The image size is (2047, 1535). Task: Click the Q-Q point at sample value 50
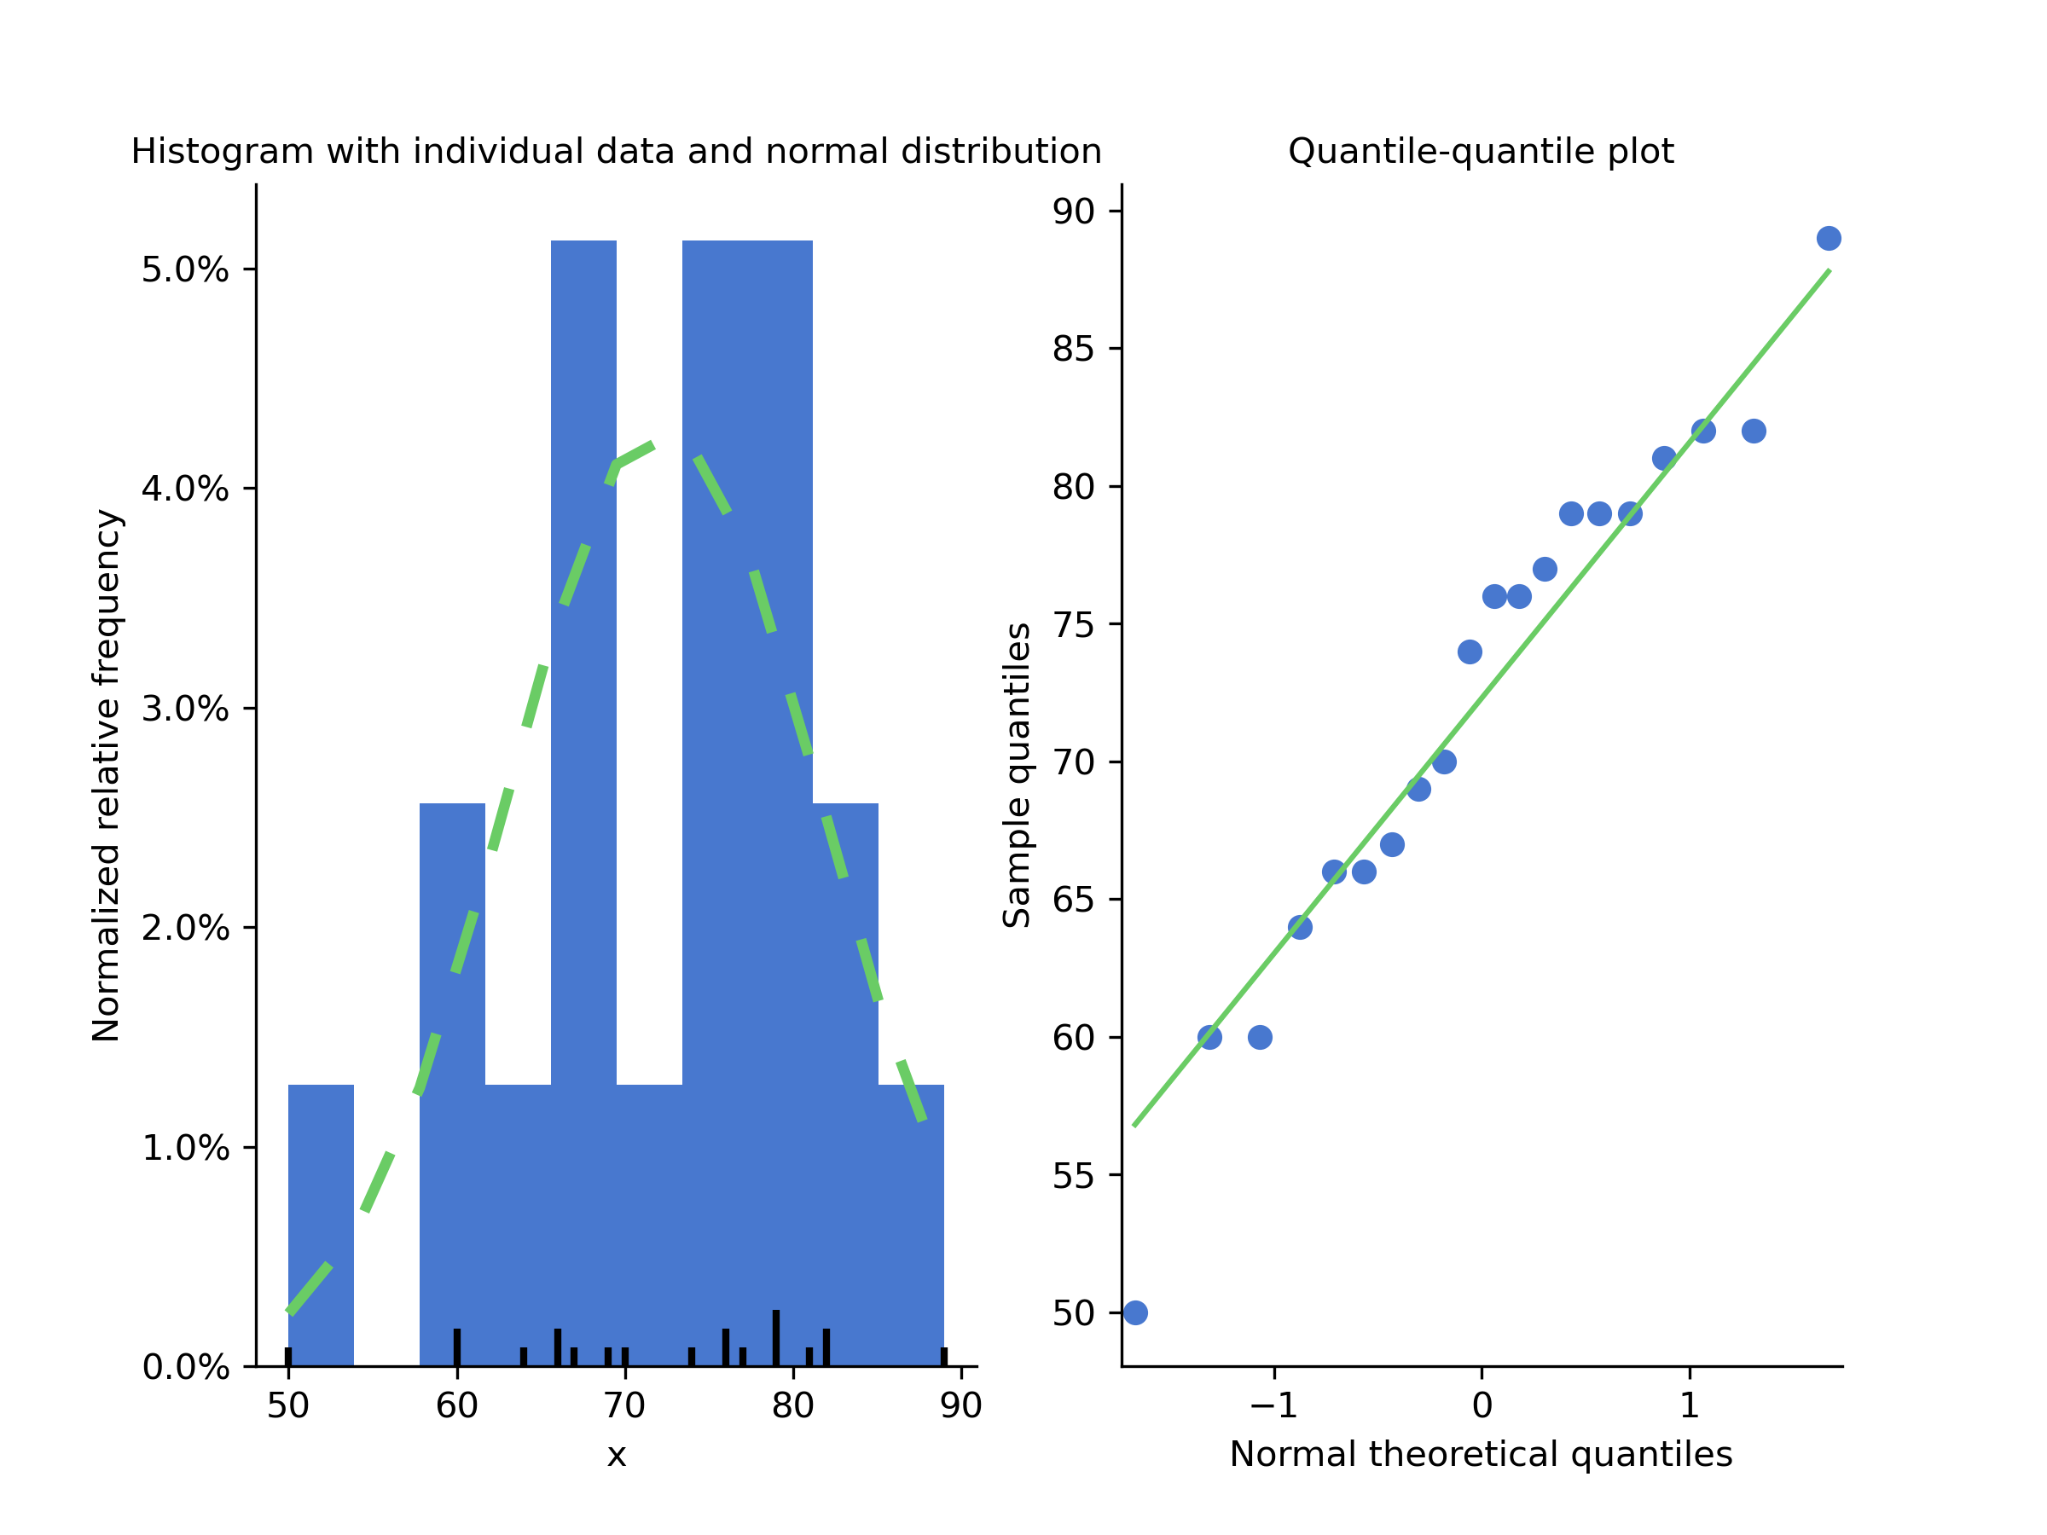(x=1135, y=1313)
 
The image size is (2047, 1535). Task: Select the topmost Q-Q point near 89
(x=1829, y=239)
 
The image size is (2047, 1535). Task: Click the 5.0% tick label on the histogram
(x=185, y=270)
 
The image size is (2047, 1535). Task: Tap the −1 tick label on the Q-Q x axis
(x=1273, y=1405)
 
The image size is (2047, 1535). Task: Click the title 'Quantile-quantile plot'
(x=1481, y=151)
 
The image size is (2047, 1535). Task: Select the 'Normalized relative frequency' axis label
(x=107, y=775)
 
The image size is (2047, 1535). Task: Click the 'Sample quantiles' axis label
(x=1017, y=775)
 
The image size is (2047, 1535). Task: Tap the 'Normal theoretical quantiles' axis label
(x=1481, y=1455)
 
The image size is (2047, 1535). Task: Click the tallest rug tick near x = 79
(x=775, y=1338)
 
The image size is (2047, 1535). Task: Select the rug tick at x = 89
(x=944, y=1357)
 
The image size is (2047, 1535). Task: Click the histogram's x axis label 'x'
(x=617, y=1456)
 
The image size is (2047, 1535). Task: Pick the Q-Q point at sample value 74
(x=1470, y=652)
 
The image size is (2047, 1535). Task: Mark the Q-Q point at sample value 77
(x=1545, y=569)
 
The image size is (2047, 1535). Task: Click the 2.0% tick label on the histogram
(x=185, y=928)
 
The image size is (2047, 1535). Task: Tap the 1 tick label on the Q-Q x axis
(x=1690, y=1405)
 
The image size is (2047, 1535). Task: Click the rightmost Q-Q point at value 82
(x=1754, y=432)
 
